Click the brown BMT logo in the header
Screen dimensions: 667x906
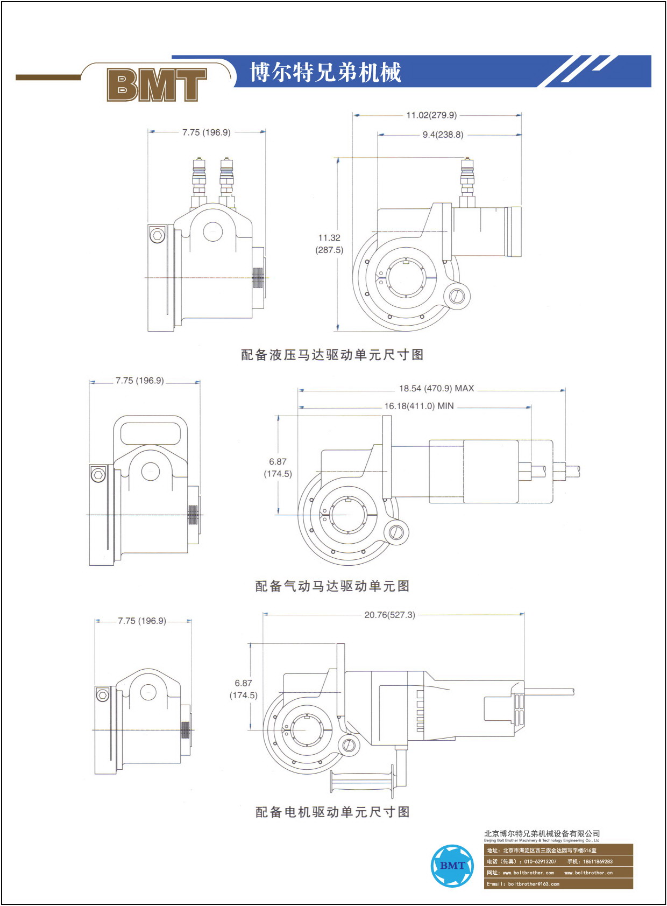(x=157, y=84)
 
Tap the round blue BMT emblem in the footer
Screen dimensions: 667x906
(x=452, y=866)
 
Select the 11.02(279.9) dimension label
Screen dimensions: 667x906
(x=431, y=115)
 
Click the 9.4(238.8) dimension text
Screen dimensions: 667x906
(x=443, y=135)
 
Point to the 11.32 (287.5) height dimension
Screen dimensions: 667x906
(x=329, y=244)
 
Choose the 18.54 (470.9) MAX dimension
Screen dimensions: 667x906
(x=437, y=388)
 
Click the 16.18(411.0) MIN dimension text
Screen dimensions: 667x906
(x=419, y=406)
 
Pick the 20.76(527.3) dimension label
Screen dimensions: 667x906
(x=389, y=615)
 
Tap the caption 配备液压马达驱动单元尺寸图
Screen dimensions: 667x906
(x=332, y=355)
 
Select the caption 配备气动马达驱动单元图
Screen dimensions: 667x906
(x=332, y=586)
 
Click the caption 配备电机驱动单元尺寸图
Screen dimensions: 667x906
(x=332, y=812)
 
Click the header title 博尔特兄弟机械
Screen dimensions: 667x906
(x=325, y=72)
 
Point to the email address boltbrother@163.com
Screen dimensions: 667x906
(x=534, y=884)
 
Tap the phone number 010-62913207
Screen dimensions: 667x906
(x=540, y=861)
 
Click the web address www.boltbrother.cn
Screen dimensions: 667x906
(x=588, y=873)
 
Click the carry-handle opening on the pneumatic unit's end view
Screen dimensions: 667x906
(x=151, y=434)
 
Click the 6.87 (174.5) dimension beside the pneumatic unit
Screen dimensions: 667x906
(x=278, y=468)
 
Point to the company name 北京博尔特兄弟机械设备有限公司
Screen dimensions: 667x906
(x=542, y=833)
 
